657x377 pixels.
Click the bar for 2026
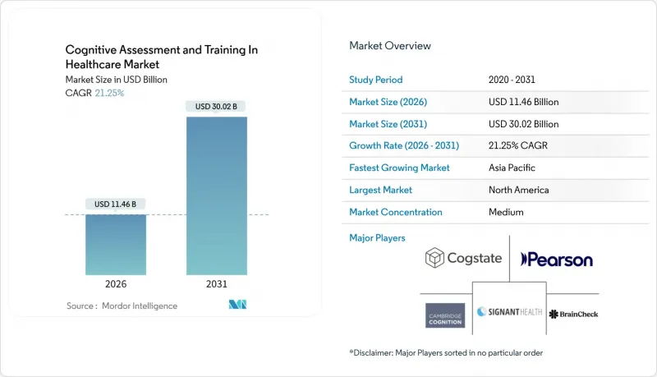tap(116, 245)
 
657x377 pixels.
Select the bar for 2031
tap(217, 196)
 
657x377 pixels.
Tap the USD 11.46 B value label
tap(115, 204)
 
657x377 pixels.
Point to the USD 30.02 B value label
tap(216, 107)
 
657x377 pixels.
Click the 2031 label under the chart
tap(217, 284)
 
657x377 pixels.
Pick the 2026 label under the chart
tap(116, 284)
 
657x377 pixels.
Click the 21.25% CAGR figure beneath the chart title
tap(109, 93)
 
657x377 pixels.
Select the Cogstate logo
tap(463, 258)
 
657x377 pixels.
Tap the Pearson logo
tap(557, 260)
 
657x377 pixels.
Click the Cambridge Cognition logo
tap(445, 315)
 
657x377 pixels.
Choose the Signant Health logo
tap(509, 311)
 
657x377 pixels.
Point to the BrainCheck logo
tap(573, 314)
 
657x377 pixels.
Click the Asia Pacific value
tap(512, 168)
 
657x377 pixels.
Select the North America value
tap(518, 190)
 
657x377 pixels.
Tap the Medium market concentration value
tap(506, 212)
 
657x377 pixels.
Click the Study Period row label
tap(376, 80)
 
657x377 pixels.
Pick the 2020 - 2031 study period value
tap(512, 80)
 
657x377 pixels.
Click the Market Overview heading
tap(390, 46)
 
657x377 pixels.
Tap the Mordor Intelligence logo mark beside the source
tap(237, 305)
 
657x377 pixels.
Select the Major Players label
tap(377, 238)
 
